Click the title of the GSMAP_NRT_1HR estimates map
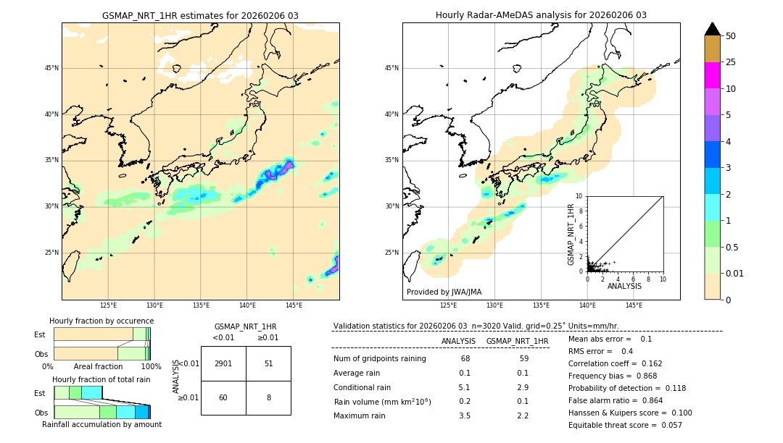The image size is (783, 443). (200, 15)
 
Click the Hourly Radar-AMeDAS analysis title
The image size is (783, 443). (541, 15)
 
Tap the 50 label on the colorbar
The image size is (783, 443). (731, 36)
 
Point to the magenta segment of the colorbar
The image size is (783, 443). (712, 75)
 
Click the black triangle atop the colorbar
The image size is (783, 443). (712, 29)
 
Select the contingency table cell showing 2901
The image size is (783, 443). (223, 363)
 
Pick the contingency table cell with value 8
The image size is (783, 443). (268, 397)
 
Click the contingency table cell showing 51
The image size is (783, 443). (268, 363)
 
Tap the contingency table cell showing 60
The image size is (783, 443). (223, 397)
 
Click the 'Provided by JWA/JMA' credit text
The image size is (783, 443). (444, 292)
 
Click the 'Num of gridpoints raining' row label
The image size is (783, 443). (379, 358)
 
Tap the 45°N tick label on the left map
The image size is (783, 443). (51, 68)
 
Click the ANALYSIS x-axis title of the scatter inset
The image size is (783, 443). (624, 286)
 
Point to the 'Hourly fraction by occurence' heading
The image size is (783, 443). (101, 321)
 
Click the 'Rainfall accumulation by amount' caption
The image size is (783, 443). (101, 424)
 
